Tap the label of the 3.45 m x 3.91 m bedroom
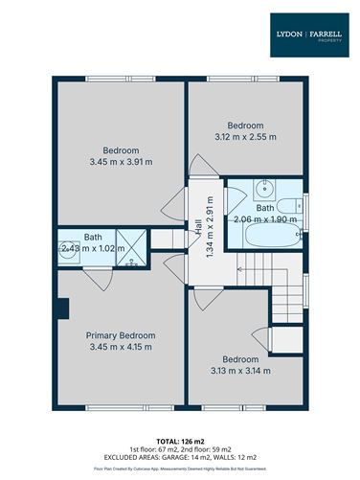coord(121,150)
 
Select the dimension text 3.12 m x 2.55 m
coord(244,137)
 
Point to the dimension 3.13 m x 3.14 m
coord(240,370)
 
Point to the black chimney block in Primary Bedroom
coord(61,309)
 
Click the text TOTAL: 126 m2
coord(180,440)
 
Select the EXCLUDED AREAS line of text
coord(180,457)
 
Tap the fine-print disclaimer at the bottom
coord(180,469)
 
